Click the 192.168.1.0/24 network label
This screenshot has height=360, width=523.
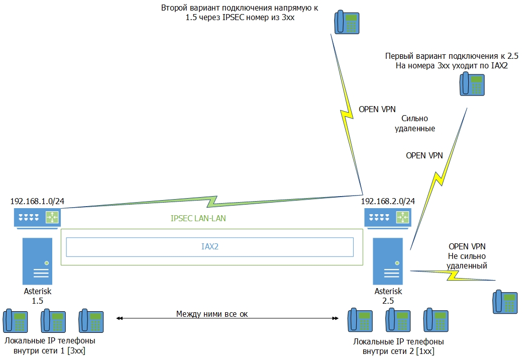click(x=37, y=202)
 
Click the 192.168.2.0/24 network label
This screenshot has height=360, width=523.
click(x=388, y=202)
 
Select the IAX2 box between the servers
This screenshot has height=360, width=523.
click(x=210, y=247)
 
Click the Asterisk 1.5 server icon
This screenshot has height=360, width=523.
click(x=38, y=261)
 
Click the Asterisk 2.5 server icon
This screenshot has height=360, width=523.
click(x=388, y=261)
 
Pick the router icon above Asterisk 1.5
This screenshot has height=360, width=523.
click(x=37, y=218)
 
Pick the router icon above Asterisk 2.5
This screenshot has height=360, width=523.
click(x=388, y=218)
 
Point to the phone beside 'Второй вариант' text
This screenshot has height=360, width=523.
click(x=347, y=23)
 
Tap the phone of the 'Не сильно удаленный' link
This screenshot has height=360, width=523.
click(x=504, y=301)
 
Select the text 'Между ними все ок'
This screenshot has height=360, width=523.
click(x=212, y=314)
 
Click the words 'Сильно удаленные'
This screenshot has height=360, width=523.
click(x=418, y=124)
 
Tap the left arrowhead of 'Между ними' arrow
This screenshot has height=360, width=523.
click(x=118, y=318)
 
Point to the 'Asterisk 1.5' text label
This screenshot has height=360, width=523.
click(x=38, y=296)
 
